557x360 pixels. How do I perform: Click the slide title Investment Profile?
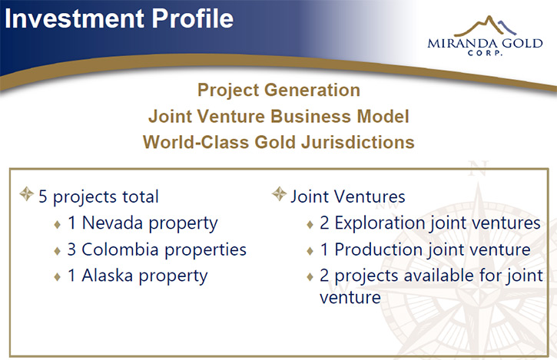(x=119, y=18)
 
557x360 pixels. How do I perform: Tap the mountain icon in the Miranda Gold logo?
(x=486, y=26)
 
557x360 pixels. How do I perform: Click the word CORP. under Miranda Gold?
(x=485, y=53)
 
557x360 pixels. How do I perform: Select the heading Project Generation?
(x=279, y=90)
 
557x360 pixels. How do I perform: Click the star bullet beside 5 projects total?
(x=26, y=194)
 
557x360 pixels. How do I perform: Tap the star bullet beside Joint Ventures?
(x=279, y=194)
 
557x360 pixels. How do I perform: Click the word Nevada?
(x=113, y=223)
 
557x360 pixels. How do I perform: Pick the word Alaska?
(x=108, y=276)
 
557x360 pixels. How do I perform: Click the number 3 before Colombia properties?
(x=71, y=249)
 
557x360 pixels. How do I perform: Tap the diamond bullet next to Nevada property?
(x=57, y=224)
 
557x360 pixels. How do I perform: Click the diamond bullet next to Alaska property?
(x=57, y=276)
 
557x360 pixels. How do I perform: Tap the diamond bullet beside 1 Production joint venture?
(x=310, y=251)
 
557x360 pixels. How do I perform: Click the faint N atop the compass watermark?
(x=478, y=168)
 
